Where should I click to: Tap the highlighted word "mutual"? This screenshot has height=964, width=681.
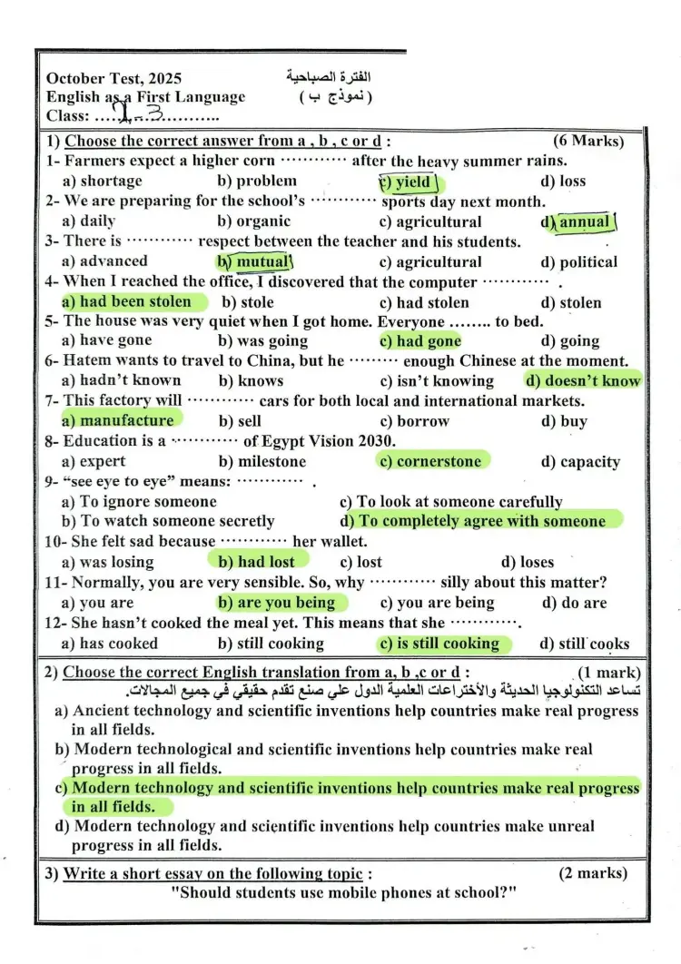coord(261,262)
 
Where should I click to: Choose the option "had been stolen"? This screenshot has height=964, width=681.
coord(133,302)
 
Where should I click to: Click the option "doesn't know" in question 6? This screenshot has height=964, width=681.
coord(587,381)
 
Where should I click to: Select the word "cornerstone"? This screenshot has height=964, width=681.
coord(437,461)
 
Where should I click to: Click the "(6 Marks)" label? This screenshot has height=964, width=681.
coord(587,141)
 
